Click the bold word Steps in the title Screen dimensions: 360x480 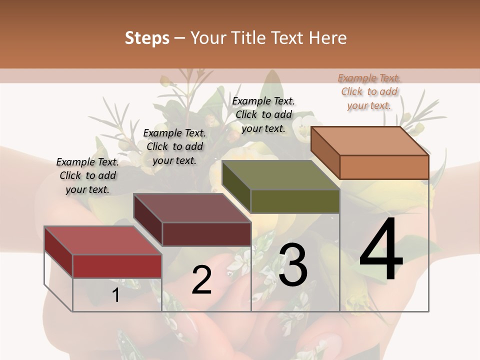point(147,38)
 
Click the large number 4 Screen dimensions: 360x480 point(381,251)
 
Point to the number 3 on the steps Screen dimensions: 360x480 point(293,265)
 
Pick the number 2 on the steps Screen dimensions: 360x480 point(201,280)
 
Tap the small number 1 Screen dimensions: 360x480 point(116,295)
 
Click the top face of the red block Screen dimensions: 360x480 point(102,240)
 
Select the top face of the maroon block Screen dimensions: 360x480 point(191,208)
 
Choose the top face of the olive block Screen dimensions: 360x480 point(280,175)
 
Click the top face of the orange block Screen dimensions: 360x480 point(369,140)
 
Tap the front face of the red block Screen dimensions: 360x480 point(117,266)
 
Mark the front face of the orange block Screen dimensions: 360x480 point(384,167)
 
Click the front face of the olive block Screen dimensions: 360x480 point(295,201)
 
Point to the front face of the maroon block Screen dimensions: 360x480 point(206,234)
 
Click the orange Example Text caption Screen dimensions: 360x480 point(369,91)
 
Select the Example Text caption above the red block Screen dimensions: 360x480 point(87,175)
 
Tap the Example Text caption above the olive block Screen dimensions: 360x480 point(263,114)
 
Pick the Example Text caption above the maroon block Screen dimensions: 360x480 point(174,146)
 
